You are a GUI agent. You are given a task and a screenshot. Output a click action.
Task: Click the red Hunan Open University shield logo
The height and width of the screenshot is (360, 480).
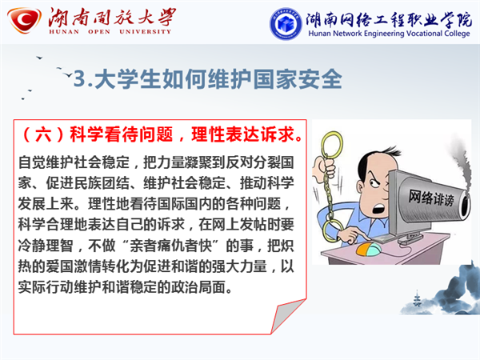24,20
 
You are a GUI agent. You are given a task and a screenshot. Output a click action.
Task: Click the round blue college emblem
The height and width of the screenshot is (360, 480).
285,23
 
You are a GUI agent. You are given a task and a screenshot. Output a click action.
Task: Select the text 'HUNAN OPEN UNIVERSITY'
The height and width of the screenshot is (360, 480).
110,31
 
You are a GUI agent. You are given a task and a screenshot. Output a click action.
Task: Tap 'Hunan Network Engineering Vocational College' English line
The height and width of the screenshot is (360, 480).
389,34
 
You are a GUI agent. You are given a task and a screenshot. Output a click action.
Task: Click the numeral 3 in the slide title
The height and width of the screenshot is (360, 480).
79,78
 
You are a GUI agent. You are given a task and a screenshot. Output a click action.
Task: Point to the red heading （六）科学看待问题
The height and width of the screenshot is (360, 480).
97,134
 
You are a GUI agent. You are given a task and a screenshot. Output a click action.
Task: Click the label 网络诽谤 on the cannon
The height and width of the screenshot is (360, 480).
431,198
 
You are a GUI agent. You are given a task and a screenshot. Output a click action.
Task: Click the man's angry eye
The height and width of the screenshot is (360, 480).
374,182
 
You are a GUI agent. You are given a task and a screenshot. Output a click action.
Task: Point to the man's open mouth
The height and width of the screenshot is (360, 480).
379,209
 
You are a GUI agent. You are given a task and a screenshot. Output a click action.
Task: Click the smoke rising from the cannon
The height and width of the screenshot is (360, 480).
463,162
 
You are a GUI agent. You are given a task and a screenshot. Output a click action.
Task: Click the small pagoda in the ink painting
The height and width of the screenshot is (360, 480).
417,298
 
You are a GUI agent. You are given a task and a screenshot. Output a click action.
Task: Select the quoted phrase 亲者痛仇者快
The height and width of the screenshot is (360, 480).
171,246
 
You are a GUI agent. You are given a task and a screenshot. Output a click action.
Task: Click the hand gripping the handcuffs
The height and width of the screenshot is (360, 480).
326,167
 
